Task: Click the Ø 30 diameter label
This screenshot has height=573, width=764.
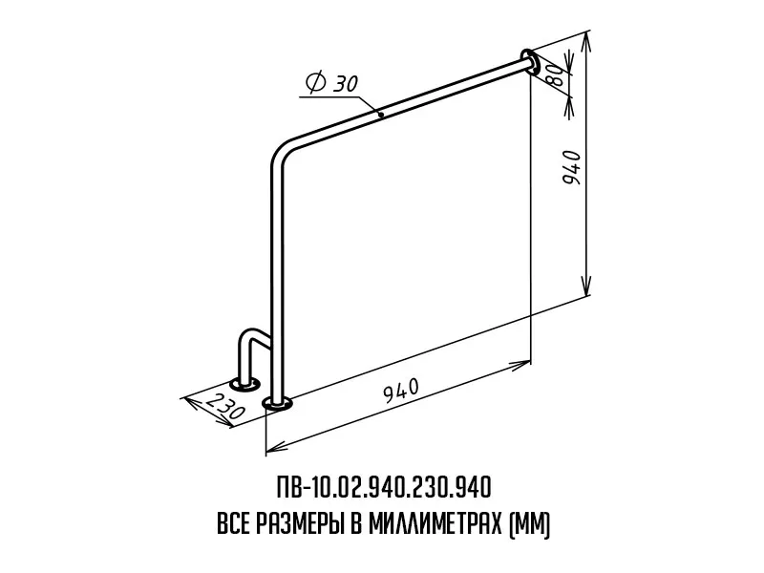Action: pos(331,83)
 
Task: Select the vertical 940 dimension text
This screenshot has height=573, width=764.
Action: pos(571,167)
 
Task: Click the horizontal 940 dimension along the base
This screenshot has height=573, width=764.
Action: pos(401,391)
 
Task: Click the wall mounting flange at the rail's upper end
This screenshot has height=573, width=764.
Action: pos(530,62)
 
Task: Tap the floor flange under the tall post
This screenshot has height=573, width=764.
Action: pos(277,403)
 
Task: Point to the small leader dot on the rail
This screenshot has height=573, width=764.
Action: pos(380,116)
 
